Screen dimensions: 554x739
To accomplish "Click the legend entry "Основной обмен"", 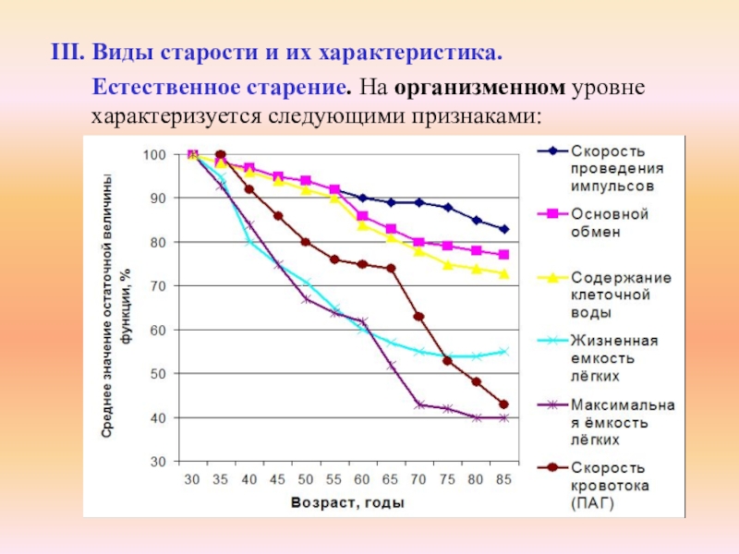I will point(609,223).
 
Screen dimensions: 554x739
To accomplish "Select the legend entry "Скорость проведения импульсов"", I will point(610,167).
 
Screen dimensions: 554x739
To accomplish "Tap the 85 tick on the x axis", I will point(504,478).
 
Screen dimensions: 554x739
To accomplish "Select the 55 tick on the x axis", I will point(334,478).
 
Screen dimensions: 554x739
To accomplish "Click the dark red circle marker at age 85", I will point(504,404).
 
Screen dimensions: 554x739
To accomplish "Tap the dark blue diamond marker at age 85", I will point(504,229).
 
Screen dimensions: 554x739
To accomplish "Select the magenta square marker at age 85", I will point(504,255).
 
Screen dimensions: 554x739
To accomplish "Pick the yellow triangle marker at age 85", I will point(504,273).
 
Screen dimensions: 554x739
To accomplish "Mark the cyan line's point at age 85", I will point(504,351).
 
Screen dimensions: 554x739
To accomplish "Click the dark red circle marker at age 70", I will point(418,316).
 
